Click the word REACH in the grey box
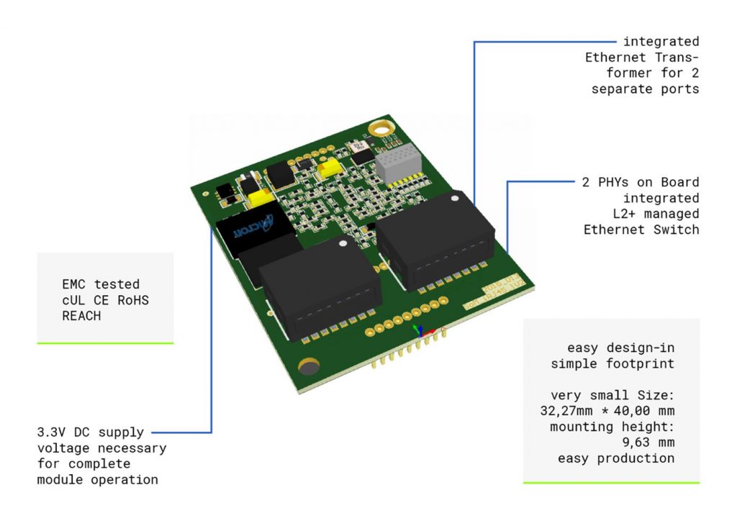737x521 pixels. coord(81,316)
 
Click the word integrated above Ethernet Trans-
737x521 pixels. coord(661,42)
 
